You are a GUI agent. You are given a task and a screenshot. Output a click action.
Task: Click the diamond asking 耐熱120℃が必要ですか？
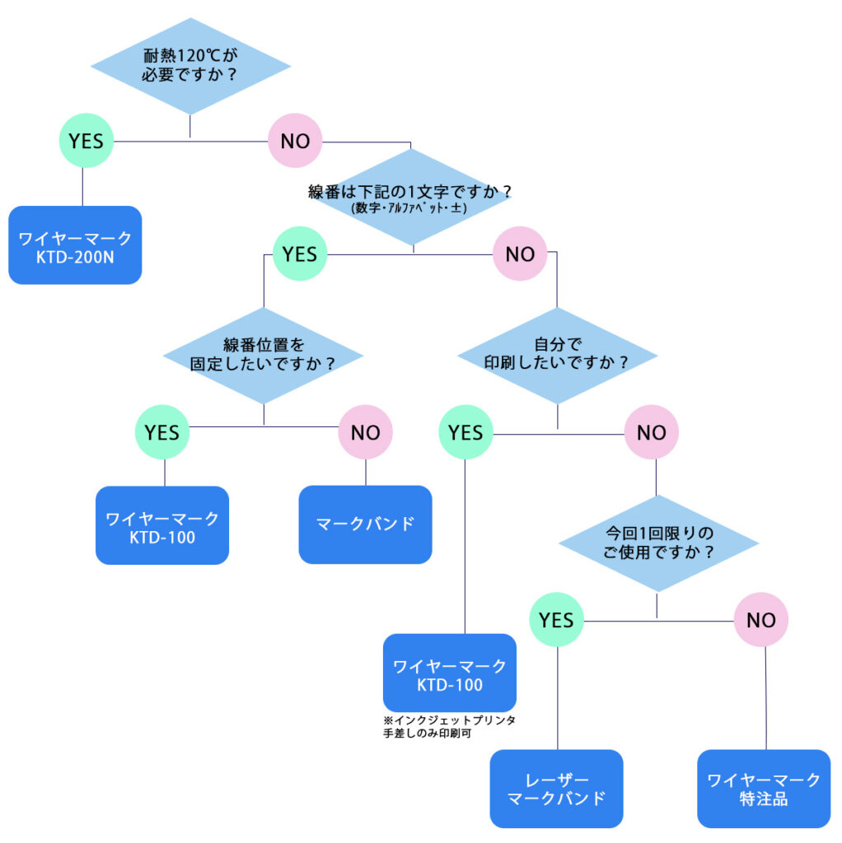coord(190,67)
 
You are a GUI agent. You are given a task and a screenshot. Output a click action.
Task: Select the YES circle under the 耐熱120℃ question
coord(86,141)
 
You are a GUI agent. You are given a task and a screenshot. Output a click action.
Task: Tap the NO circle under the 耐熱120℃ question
coord(295,141)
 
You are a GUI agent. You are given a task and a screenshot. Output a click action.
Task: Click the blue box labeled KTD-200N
coord(75,245)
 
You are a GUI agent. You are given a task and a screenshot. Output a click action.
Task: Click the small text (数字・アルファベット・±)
coord(409,209)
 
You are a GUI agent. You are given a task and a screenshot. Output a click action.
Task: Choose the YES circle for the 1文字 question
coord(299,254)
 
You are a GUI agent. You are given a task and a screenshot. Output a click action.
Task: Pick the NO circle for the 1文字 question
coord(520,254)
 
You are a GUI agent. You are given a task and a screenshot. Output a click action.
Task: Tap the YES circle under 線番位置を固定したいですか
coord(162,431)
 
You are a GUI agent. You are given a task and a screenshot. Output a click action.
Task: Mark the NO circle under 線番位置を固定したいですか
coord(366,431)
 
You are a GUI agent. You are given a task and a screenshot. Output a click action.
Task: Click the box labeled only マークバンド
coord(365,524)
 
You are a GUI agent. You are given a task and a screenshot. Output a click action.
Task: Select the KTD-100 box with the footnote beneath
coord(449,673)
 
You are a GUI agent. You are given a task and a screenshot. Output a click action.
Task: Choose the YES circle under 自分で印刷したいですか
coord(465,431)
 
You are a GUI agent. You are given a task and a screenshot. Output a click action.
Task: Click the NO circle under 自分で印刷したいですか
coord(651,431)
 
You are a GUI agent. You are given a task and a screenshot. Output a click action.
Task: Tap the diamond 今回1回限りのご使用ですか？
coord(657,543)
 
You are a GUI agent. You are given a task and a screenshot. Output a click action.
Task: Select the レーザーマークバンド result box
coord(556,789)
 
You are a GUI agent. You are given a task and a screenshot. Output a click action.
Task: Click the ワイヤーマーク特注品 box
coord(764,789)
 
